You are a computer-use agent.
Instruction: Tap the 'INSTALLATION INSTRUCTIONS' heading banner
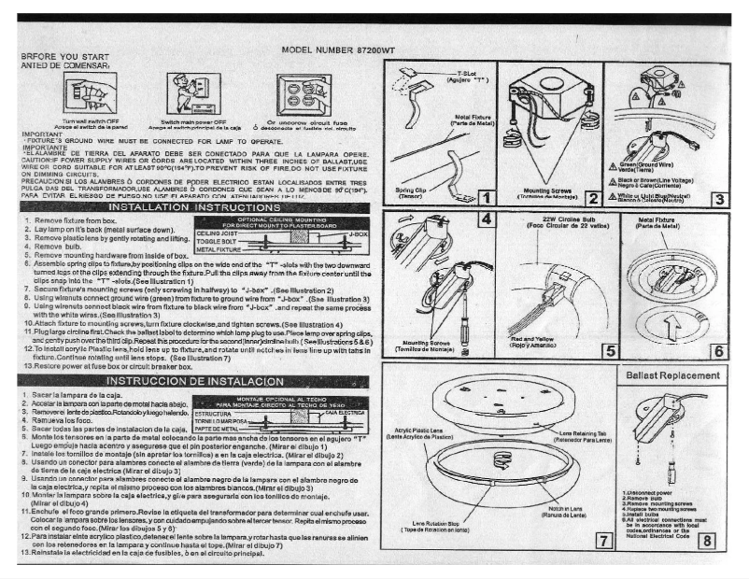pyautogui.click(x=197, y=205)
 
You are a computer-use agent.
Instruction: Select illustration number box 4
pyautogui.click(x=487, y=219)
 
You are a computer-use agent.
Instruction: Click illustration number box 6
pyautogui.click(x=717, y=351)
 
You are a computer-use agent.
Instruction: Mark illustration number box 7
pyautogui.click(x=606, y=540)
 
